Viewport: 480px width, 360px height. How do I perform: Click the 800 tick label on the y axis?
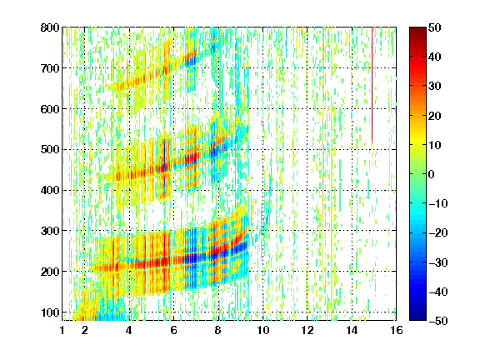(50, 27)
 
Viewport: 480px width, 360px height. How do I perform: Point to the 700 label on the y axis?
(50, 68)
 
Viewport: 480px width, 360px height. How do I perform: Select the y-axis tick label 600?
(50, 109)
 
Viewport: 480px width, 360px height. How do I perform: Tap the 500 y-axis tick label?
(50, 150)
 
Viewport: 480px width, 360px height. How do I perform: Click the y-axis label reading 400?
(50, 190)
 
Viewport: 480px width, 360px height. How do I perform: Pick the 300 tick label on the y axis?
(50, 231)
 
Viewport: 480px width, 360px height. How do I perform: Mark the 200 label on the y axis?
(50, 272)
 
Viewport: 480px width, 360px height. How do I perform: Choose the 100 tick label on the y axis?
(50, 312)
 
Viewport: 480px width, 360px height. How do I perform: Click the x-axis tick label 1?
(62, 330)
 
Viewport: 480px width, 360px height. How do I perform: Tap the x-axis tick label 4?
(129, 330)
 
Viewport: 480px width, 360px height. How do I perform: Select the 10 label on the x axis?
(262, 330)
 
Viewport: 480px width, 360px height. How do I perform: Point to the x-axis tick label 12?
(307, 330)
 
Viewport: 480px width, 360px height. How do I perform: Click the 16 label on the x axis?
(397, 330)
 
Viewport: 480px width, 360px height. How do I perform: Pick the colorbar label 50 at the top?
(434, 27)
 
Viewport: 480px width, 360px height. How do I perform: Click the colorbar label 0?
(432, 174)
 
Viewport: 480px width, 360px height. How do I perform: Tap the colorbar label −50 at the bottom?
(437, 321)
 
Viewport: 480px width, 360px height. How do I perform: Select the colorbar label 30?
(434, 87)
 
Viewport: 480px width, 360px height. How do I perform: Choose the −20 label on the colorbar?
(437, 232)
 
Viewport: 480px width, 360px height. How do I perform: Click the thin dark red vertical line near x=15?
(372, 87)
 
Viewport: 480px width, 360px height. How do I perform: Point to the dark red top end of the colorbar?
(417, 30)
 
